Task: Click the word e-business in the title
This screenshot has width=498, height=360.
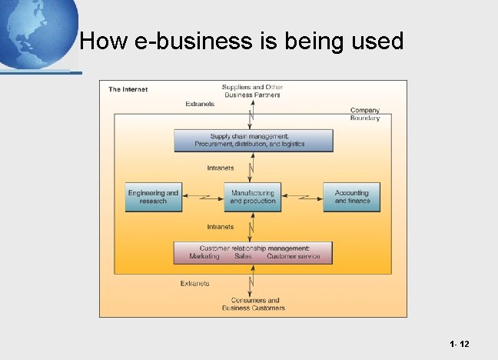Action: (178, 41)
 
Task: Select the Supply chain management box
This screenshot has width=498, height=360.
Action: (253, 140)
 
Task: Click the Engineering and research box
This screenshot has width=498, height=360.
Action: (153, 197)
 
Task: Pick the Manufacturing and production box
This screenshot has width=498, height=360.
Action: (252, 197)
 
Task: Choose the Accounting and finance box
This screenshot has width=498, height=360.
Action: (352, 197)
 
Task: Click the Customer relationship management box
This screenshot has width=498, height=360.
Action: (253, 252)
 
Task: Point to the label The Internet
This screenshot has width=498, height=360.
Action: (128, 89)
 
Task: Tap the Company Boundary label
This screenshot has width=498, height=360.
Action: (365, 114)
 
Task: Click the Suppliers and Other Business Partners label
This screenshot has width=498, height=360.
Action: (252, 91)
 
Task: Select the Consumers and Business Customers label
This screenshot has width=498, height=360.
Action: (253, 304)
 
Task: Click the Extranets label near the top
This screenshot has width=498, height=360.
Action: (200, 104)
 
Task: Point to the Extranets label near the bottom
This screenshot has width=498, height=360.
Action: (194, 283)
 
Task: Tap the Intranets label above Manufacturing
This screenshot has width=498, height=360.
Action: (221, 168)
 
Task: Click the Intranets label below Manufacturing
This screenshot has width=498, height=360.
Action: (221, 226)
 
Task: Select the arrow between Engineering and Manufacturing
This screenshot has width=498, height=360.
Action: (203, 197)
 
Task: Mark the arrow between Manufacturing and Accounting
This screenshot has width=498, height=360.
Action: (303, 197)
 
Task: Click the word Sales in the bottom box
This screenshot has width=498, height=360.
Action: (243, 256)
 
